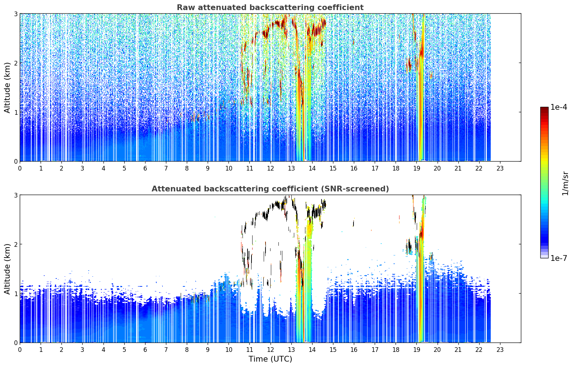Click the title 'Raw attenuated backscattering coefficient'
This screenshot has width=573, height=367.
[x=270, y=8]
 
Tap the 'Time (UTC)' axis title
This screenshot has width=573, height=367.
[x=270, y=359]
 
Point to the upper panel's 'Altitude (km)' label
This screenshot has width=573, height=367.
[x=7, y=88]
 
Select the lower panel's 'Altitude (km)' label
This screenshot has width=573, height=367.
[x=7, y=269]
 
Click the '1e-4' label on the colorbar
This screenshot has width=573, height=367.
[x=558, y=107]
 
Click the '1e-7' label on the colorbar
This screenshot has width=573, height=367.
[x=558, y=258]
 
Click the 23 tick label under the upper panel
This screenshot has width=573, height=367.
[x=500, y=168]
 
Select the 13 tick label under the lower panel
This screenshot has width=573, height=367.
[x=291, y=350]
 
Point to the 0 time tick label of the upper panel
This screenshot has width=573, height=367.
[x=20, y=168]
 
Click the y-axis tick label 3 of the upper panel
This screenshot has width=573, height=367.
[x=15, y=14]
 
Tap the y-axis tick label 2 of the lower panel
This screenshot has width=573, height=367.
[x=15, y=244]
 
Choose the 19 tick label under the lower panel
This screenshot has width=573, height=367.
[x=416, y=350]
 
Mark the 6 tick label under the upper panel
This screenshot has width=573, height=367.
[x=145, y=168]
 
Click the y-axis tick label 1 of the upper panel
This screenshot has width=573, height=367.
[x=15, y=112]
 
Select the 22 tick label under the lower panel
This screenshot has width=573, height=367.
[x=479, y=350]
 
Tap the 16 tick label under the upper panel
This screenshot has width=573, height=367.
[x=354, y=168]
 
